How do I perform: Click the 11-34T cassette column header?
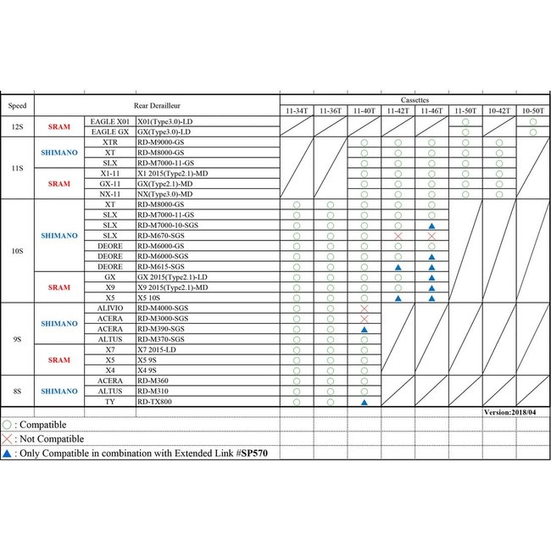[297, 111]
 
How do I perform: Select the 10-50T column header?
[532, 111]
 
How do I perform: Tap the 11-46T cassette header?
[431, 111]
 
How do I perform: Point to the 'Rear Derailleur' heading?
[157, 105]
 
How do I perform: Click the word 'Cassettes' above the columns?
[415, 100]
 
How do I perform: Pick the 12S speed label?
[17, 126]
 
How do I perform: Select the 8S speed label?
[17, 391]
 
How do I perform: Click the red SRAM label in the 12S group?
[59, 126]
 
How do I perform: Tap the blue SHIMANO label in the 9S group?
[59, 323]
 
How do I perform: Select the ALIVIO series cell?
[109, 308]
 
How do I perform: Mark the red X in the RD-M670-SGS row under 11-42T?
[398, 236]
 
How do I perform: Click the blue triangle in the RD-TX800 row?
[364, 402]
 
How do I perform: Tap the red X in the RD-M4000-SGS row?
[364, 308]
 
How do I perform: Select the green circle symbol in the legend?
[8, 424]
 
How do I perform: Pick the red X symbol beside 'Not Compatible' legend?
[8, 439]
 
